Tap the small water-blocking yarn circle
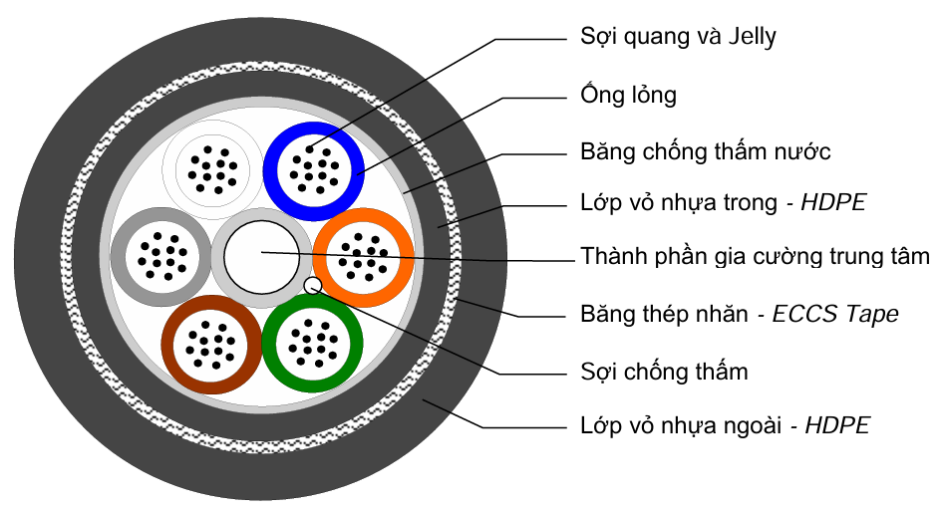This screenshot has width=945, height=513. (313, 287)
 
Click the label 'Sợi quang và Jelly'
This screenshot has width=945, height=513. (678, 38)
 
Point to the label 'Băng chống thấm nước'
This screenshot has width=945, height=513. (705, 152)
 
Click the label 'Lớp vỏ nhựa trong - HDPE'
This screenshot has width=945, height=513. (723, 203)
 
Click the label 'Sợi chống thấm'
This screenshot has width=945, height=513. (664, 373)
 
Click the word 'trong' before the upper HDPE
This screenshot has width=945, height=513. (748, 203)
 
